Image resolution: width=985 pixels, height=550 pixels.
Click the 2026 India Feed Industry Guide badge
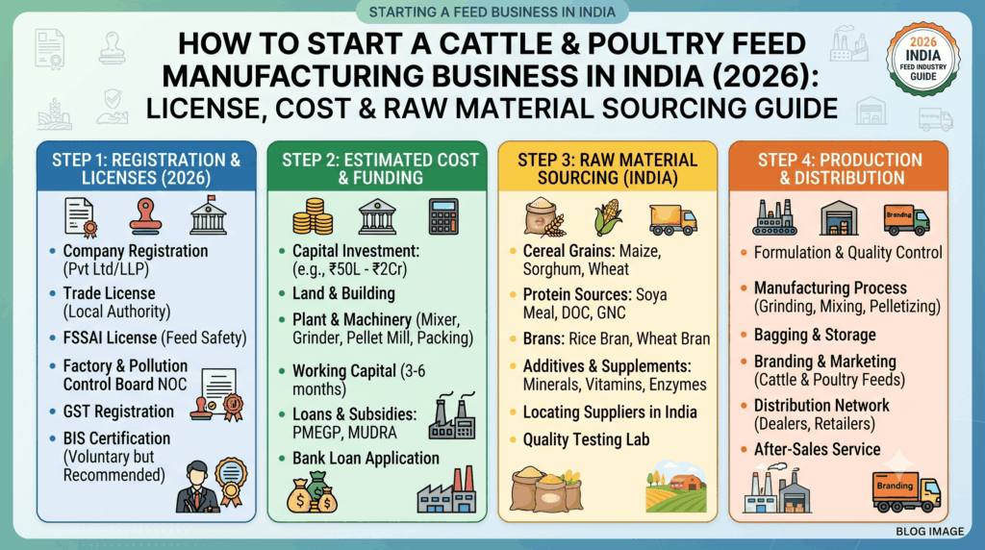[x=922, y=59]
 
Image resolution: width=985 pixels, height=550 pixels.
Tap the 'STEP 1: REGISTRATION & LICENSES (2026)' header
[x=146, y=169]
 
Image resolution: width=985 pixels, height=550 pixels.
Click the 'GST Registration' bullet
[x=118, y=412]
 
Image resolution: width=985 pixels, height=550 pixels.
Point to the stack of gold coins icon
[x=313, y=216]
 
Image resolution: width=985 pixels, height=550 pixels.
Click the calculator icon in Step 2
[x=443, y=216]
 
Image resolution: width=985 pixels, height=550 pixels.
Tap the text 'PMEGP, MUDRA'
[x=345, y=433]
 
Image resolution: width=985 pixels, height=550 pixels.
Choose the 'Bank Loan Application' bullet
[x=366, y=459]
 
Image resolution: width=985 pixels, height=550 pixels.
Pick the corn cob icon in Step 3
[x=608, y=217]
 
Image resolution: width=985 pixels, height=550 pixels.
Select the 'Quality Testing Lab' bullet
[x=586, y=439]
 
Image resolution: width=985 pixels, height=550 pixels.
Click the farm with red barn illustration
[x=676, y=487]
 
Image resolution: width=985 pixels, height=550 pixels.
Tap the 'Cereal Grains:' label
[x=569, y=251]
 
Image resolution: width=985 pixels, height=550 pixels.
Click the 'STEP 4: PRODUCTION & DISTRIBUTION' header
[x=840, y=169]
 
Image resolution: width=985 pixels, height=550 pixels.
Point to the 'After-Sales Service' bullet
[x=818, y=450]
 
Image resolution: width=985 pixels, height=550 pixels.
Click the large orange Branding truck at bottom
[x=906, y=491]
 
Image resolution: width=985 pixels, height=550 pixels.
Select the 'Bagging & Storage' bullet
[x=815, y=336]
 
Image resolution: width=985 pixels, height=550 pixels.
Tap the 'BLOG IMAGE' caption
[x=930, y=531]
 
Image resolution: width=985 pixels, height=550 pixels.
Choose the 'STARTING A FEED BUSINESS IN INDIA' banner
[x=492, y=12]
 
